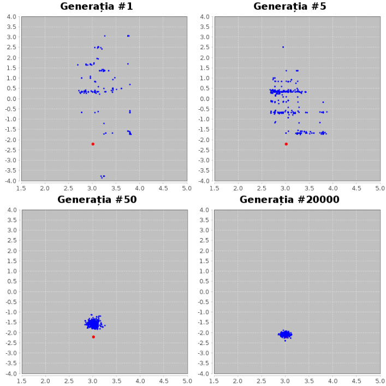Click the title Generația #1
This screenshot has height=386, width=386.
(97, 7)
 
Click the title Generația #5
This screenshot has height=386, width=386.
(289, 7)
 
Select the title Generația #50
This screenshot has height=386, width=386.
(97, 199)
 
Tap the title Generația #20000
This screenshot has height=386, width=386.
(289, 199)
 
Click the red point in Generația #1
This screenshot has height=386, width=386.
(93, 144)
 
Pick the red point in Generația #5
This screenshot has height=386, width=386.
(286, 144)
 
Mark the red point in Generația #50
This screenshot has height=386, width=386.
(93, 337)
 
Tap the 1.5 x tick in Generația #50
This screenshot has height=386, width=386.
(21, 381)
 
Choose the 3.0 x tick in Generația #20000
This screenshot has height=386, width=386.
(286, 381)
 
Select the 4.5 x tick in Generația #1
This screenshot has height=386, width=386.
(163, 187)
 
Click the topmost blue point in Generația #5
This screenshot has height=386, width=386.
(283, 47)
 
